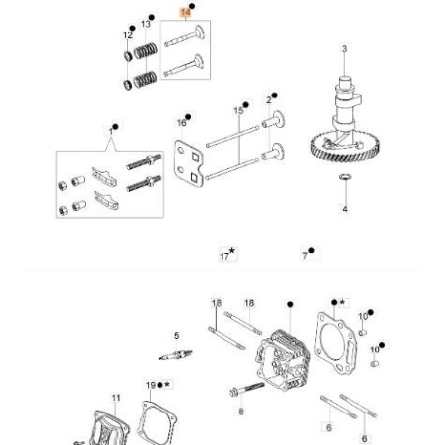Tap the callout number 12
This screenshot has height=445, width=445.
127,35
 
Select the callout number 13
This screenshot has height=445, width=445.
146,23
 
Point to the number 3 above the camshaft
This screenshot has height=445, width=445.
344,49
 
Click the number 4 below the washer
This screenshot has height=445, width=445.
344,210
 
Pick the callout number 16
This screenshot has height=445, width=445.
181,123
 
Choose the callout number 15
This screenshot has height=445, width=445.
238,111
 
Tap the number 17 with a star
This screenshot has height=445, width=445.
225,256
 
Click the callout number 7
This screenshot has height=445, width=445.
305,254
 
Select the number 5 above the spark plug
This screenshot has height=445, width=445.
177,336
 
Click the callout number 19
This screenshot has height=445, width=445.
150,385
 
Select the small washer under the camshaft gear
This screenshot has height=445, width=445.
344,178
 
